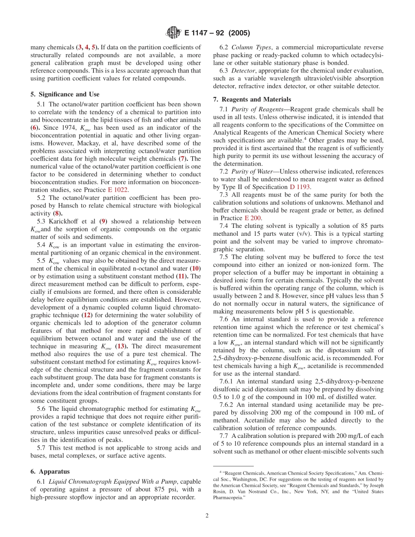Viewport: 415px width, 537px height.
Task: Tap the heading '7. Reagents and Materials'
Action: (249, 99)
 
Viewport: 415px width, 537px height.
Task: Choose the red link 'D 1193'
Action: (300, 187)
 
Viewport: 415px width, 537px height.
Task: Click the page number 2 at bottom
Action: (207, 515)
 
